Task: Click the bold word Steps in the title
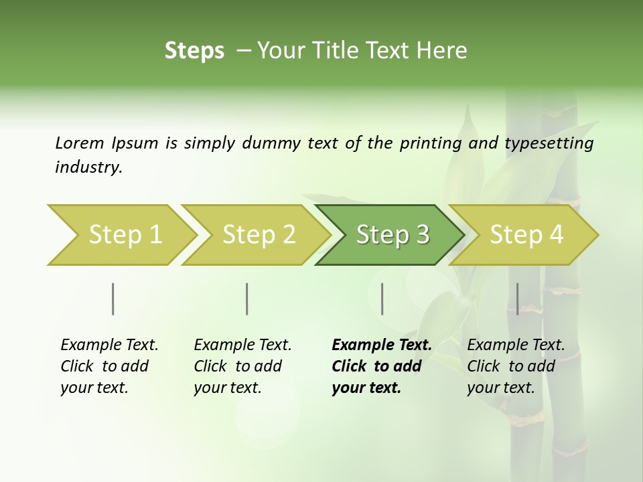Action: pyautogui.click(x=194, y=51)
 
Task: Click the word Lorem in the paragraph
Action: pyautogui.click(x=80, y=143)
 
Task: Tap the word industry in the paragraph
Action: pyautogui.click(x=88, y=167)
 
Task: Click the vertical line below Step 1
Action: pyautogui.click(x=113, y=299)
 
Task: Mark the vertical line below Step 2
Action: pyautogui.click(x=247, y=299)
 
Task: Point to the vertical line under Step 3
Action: pyautogui.click(x=382, y=299)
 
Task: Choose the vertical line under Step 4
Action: pyautogui.click(x=517, y=299)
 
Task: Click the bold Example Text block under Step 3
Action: pyautogui.click(x=382, y=366)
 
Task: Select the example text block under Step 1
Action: pyautogui.click(x=109, y=366)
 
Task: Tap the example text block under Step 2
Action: pyautogui.click(x=242, y=366)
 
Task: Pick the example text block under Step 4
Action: pyautogui.click(x=516, y=366)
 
